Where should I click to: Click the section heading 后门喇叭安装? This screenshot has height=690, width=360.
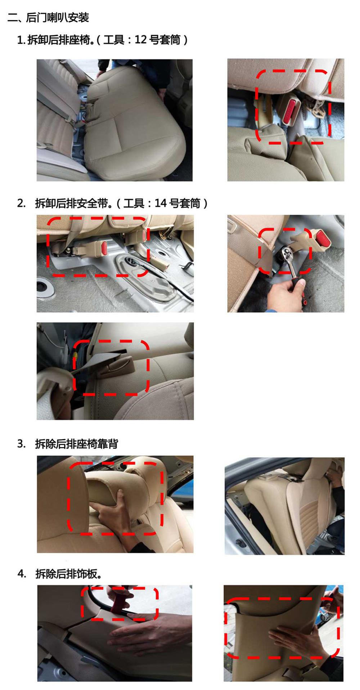[x=57, y=17]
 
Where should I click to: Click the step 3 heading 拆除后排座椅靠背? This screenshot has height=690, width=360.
[x=76, y=444]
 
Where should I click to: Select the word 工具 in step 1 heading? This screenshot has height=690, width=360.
[x=113, y=40]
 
